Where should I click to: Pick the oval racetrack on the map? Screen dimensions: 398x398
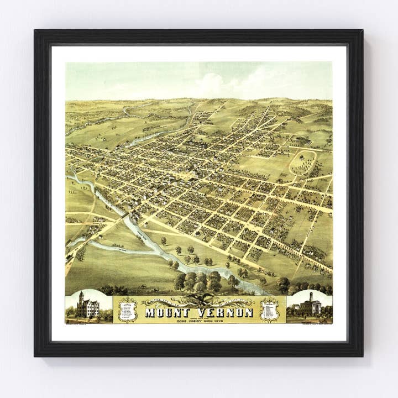coord(303,163)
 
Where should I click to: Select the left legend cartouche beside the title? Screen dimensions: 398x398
coord(128,310)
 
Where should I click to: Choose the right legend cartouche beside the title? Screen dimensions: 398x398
coord(269,310)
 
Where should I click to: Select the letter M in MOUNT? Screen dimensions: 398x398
coord(150,312)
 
